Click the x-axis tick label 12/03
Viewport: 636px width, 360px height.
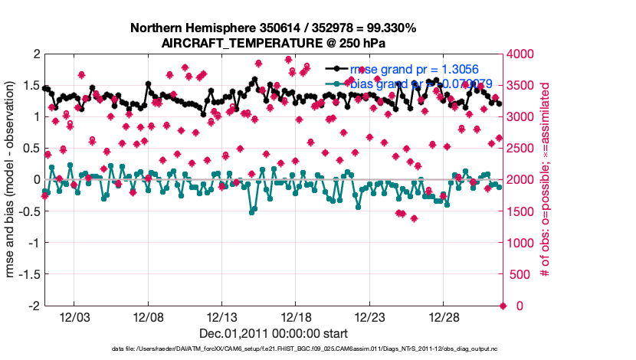point(74,316)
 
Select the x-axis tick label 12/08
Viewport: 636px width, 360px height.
point(148,316)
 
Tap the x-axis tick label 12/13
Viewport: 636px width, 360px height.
point(221,316)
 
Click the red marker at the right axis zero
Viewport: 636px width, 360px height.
point(503,306)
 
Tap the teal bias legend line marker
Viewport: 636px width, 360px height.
point(337,83)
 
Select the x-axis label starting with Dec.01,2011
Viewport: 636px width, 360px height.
point(274,333)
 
